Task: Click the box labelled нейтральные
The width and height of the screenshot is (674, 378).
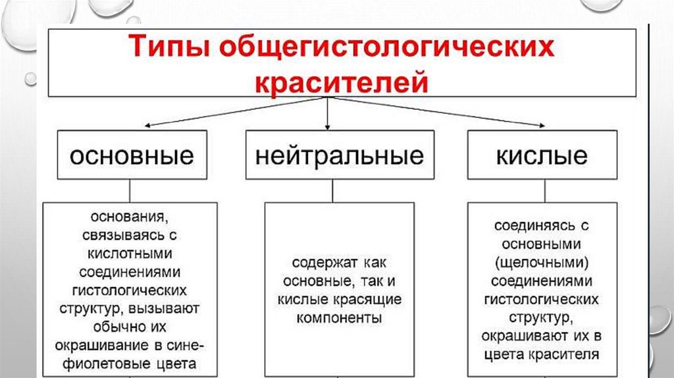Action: tap(340, 156)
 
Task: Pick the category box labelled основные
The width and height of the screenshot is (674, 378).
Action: tap(132, 156)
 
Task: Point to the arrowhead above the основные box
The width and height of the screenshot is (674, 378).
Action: tap(148, 126)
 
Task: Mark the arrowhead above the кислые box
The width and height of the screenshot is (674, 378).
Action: tap(542, 126)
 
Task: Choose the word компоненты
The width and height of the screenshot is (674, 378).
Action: tap(340, 318)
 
